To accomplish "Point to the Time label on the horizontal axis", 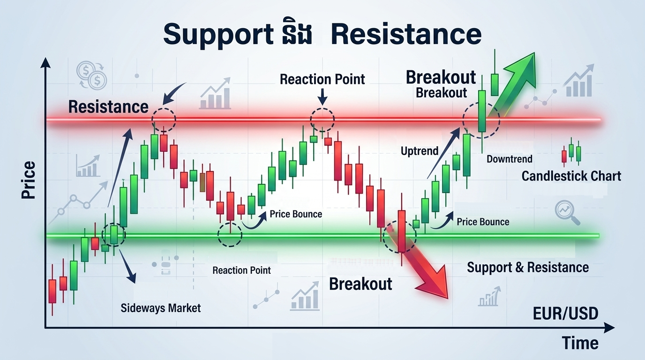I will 580,343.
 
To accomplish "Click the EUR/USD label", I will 565,314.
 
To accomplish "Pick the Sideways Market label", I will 160,308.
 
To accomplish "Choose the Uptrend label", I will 420,151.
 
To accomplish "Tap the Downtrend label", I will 509,159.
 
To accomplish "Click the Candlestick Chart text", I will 571,176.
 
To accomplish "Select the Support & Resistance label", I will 528,268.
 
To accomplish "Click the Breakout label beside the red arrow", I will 360,284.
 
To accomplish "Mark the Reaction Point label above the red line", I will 322,79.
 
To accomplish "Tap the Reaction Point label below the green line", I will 241,270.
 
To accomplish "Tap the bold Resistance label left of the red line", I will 108,106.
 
